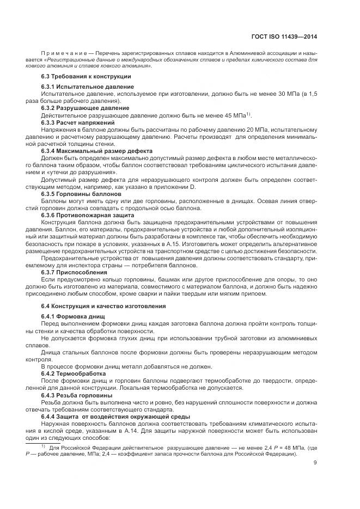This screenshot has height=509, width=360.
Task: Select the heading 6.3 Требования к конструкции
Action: tap(86, 76)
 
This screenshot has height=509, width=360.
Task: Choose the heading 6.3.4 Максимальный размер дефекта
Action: tap(97, 150)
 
